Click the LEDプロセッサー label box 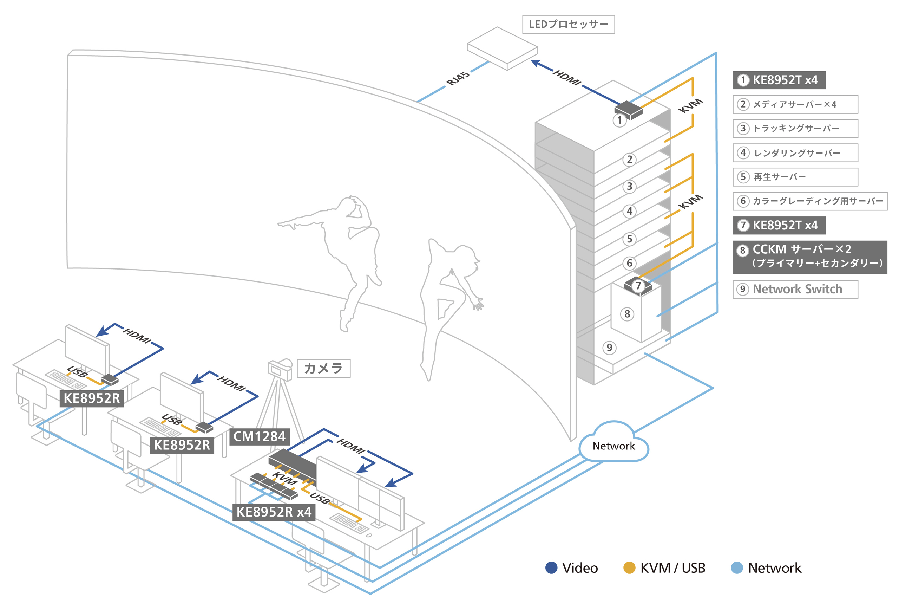tap(568, 24)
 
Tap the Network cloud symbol tap(613, 443)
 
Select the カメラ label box tap(323, 368)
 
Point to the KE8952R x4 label tap(274, 512)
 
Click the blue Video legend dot tap(551, 567)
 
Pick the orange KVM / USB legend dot tap(629, 567)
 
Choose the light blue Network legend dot tap(736, 567)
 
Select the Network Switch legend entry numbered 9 tap(795, 289)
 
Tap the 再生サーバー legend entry tap(795, 177)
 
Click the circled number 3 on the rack tap(629, 187)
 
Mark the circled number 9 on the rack tap(609, 348)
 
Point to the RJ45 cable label tap(458, 79)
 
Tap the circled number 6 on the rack tap(629, 263)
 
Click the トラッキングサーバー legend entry tap(795, 129)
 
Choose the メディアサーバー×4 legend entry tap(795, 104)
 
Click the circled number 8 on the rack tap(627, 314)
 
